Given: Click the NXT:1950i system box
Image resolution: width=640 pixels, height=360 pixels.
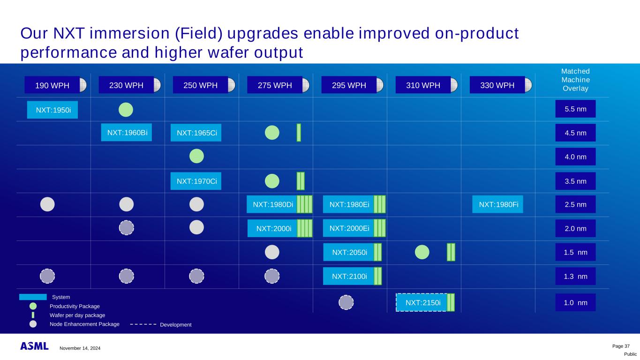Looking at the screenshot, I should (52, 110).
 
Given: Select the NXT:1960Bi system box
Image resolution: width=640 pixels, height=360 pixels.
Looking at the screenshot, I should (127, 133).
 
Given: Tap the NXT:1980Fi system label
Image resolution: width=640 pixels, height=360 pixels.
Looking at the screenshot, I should (497, 204).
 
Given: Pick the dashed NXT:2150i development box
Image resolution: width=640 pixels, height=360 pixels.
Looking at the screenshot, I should (422, 302).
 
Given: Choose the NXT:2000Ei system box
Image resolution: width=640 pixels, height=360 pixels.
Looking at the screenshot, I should (349, 228).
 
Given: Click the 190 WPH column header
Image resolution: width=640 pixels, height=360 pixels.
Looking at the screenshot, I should (52, 85).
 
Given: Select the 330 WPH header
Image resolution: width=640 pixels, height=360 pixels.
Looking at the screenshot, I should (497, 85).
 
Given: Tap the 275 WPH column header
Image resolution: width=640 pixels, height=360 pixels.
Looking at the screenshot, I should (275, 85).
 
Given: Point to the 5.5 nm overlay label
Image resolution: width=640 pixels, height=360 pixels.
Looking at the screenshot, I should (576, 109).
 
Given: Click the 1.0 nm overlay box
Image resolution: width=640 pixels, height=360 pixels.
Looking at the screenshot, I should (576, 302).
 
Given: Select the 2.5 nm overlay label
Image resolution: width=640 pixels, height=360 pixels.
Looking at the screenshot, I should (576, 204).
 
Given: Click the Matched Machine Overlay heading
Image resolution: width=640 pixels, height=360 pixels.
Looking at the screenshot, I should (576, 80).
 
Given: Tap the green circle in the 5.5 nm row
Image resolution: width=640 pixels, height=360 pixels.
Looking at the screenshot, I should (126, 110).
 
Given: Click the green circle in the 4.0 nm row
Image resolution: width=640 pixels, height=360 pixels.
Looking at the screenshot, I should (196, 156).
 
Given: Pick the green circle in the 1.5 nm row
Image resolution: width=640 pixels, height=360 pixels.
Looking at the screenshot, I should (422, 252).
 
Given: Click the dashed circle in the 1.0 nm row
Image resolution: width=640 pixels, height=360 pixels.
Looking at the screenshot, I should (346, 302).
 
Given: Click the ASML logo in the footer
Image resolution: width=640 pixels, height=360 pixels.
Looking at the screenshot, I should (34, 346).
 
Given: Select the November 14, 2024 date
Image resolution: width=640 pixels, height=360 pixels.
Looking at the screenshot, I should (80, 348).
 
